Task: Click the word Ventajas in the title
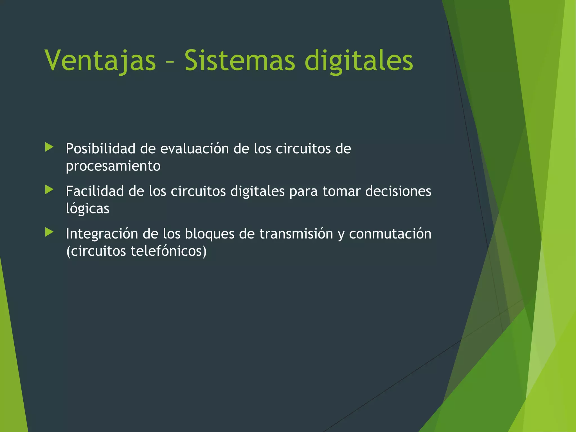click(100, 61)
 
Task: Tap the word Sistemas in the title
click(240, 61)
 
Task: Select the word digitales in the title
click(359, 61)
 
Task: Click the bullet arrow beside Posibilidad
click(49, 147)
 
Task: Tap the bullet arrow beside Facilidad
click(49, 190)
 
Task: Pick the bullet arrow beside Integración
click(49, 232)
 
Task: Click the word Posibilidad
click(100, 148)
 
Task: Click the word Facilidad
click(95, 191)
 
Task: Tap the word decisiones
click(398, 191)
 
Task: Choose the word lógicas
click(87, 209)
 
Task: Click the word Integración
click(102, 234)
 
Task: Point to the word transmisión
click(296, 234)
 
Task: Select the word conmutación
click(390, 234)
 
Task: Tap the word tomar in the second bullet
click(341, 191)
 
